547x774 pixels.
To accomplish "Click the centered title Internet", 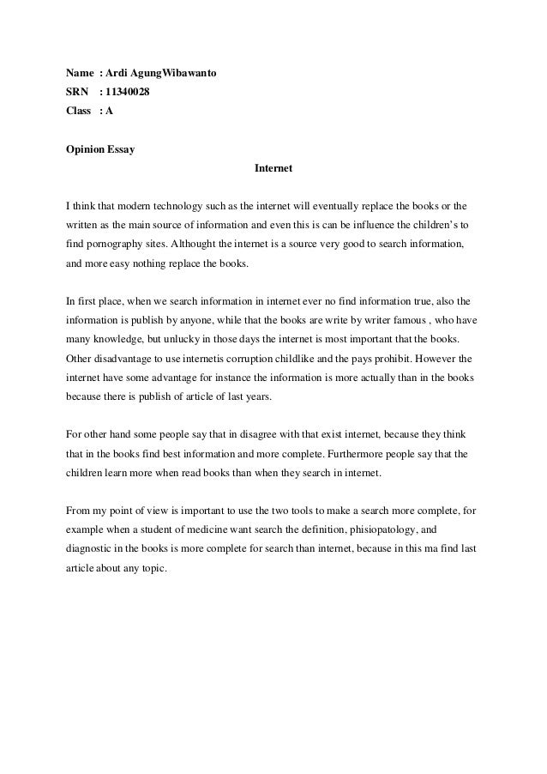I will coord(273,169).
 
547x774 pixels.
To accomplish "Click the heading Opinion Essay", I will coord(100,150).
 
